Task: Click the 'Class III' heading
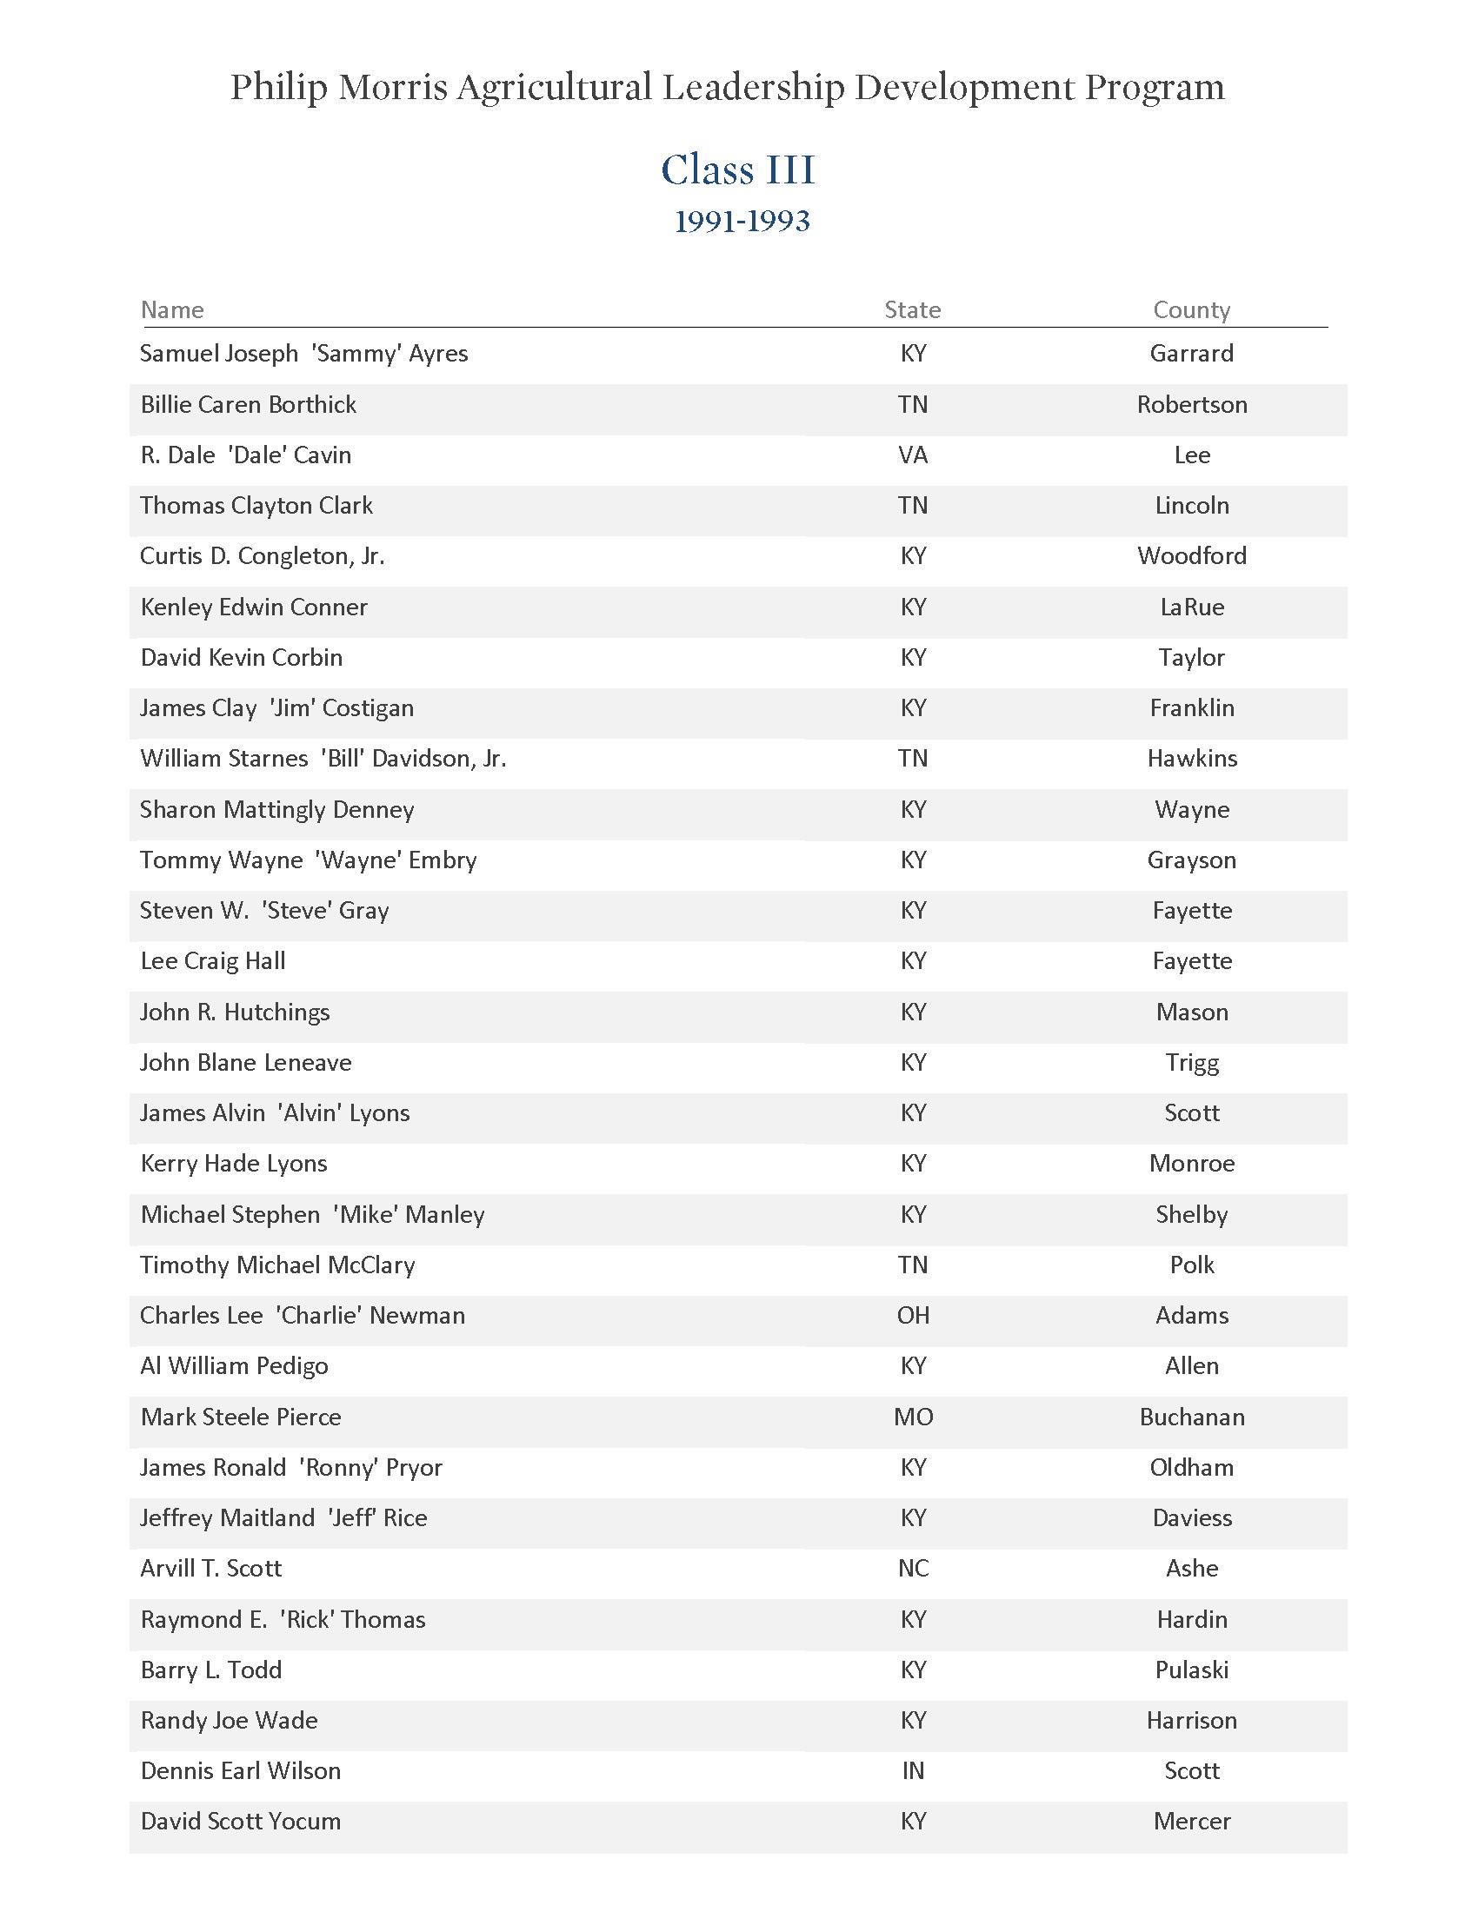pos(738,169)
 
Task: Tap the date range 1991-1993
pos(742,222)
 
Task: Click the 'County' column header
pos(1191,310)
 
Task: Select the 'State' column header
pos(912,310)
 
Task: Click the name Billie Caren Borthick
pos(248,404)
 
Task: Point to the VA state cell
pos(912,455)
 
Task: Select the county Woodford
pos(1191,556)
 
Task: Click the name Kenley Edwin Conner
pos(253,607)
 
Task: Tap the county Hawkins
pos(1192,758)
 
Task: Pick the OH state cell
pos(912,1315)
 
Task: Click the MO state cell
pos(912,1417)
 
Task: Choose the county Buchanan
pos(1191,1417)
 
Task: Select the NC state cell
pos(912,1568)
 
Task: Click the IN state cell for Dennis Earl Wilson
pos(912,1770)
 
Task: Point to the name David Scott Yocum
pos(240,1821)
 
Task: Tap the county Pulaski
pos(1191,1670)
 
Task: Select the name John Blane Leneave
pos(245,1062)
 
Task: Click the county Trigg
pos(1191,1062)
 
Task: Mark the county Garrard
pos(1191,354)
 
